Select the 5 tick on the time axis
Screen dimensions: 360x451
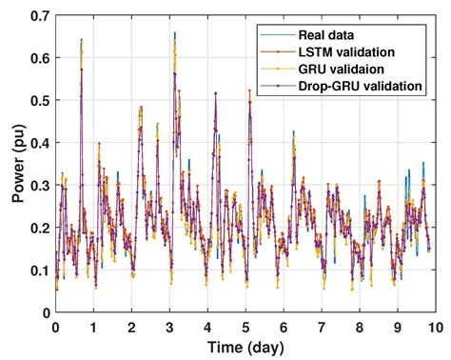pos(245,326)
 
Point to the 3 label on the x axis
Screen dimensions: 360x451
pos(169,326)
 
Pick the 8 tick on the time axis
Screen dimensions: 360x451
pos(360,326)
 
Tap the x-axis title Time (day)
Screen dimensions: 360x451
pos(245,345)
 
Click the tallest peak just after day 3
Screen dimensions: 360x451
pos(175,34)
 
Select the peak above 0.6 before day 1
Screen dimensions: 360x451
pos(81,41)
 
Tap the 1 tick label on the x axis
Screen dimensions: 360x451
pos(93,326)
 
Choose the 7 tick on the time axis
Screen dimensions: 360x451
pos(322,326)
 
